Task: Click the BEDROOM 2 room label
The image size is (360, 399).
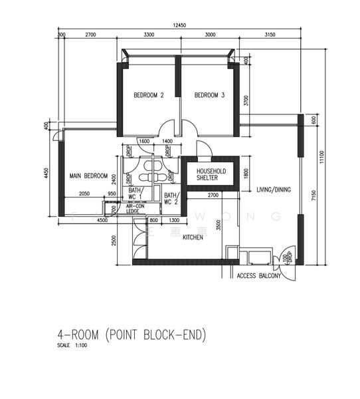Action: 149,96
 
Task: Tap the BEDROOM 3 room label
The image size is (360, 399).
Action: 209,96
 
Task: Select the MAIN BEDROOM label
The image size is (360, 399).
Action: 88,176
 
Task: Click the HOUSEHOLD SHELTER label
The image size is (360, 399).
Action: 211,175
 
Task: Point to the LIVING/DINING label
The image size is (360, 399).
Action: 274,190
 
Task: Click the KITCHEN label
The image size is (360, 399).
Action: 193,237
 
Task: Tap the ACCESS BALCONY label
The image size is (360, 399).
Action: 259,276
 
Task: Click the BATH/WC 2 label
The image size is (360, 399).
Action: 171,198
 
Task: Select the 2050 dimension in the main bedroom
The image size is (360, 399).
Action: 84,194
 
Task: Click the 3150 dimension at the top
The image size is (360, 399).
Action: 270,34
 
